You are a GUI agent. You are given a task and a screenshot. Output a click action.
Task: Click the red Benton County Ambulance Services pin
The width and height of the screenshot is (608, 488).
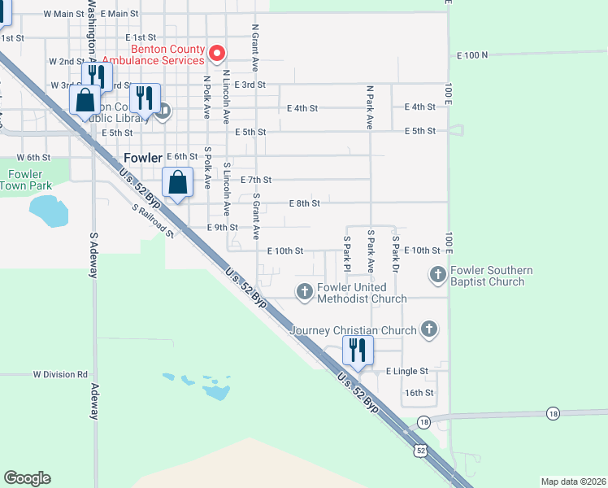pos(217,54)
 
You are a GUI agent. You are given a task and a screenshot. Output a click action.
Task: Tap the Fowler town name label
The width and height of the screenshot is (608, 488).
pos(142,158)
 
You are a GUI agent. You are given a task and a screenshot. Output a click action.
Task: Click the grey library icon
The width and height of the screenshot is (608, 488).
pos(162,110)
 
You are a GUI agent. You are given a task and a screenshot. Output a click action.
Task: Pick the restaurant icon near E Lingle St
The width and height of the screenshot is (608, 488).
pos(357,350)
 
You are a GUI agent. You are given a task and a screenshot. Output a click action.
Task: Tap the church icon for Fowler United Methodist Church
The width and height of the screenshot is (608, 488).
pos(305,290)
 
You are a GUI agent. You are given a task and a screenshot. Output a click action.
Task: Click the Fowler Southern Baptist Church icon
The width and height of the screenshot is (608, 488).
pos(438,275)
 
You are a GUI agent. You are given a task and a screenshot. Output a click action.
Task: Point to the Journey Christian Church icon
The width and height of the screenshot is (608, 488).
pos(429,329)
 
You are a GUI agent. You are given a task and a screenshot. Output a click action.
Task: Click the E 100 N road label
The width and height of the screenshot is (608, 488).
pos(472,55)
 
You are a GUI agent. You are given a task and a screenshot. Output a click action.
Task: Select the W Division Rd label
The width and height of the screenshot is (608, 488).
pos(59,375)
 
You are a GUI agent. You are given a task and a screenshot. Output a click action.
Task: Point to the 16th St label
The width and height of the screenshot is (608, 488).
pos(419,393)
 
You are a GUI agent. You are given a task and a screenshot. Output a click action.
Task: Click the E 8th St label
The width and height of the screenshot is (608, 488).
pos(304,203)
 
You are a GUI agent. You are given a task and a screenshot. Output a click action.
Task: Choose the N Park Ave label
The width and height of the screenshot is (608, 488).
pos(370,107)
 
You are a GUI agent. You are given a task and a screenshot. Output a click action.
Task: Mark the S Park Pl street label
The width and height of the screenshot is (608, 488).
pos(347,254)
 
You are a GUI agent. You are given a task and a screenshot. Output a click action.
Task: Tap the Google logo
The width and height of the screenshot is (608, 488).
pos(28,478)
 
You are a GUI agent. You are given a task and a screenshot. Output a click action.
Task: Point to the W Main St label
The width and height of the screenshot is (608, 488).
pos(63,15)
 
